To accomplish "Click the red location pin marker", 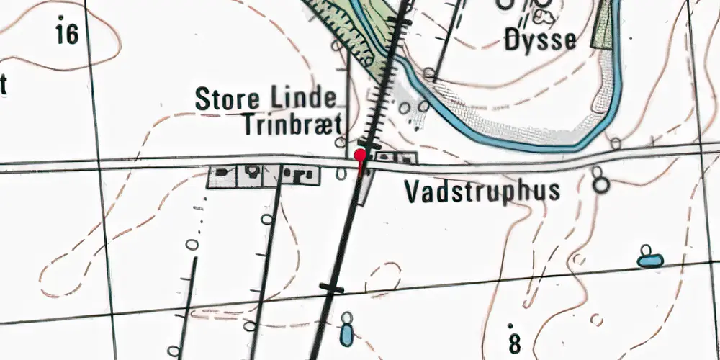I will [x=360, y=155].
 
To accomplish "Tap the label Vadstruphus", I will [x=482, y=192].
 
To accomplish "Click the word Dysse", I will [x=540, y=40].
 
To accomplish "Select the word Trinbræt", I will [x=292, y=125].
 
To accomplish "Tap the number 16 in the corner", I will [x=66, y=33].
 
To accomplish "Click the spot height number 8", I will [x=514, y=343].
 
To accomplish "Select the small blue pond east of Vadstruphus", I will [x=650, y=259].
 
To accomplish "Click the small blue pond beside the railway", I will [x=347, y=333].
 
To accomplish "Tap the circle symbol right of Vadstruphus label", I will [x=600, y=185].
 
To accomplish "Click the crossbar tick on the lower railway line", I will [x=332, y=289].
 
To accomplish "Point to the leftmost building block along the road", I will [x=222, y=176].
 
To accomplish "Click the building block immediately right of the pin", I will [x=386, y=156].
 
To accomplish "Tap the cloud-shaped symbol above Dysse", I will [x=545, y=16].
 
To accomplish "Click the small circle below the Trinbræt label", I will [x=342, y=173].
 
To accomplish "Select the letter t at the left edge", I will [x=3, y=86].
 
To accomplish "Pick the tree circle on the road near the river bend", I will [x=616, y=143].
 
